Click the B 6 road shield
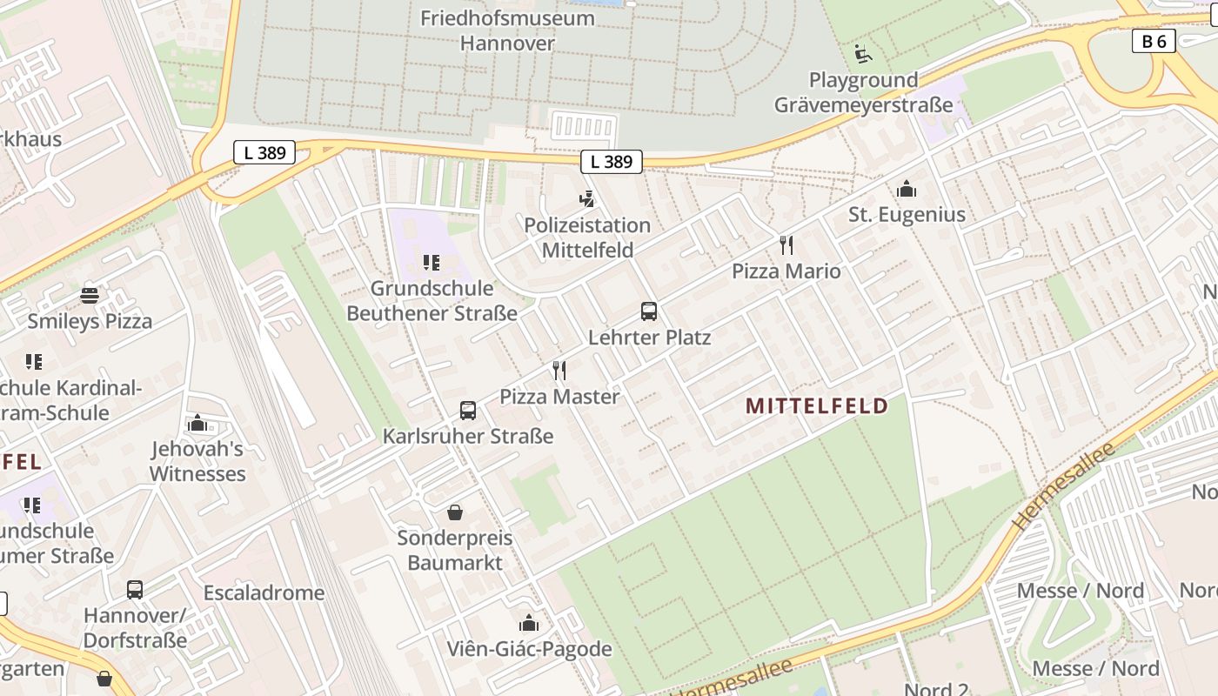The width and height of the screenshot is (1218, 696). tap(1154, 41)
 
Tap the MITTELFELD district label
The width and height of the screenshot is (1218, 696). tap(817, 405)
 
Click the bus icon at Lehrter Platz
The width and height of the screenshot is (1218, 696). tap(648, 311)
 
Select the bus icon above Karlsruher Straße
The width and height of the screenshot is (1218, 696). tap(468, 411)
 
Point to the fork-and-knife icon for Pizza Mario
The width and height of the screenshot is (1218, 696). tap(786, 245)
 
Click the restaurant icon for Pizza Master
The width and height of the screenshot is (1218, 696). tap(559, 371)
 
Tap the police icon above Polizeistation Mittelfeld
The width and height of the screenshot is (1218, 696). tap(587, 199)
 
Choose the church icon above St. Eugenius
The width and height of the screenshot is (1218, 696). tap(907, 189)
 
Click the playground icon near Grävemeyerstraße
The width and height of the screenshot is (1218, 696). tap(861, 54)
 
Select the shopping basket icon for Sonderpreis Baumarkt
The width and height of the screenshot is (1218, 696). tap(455, 512)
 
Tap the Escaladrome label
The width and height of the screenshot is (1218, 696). tap(264, 593)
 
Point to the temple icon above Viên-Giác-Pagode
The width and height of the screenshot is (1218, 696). tap(529, 623)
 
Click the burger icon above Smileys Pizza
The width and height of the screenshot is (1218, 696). tap(89, 296)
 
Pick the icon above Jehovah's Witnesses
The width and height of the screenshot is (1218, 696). tap(197, 424)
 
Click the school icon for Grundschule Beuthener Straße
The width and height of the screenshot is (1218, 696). tap(431, 262)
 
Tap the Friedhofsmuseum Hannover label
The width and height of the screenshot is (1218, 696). tap(507, 30)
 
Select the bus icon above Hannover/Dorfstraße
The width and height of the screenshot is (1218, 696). tap(135, 590)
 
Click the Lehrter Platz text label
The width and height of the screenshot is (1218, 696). tap(649, 338)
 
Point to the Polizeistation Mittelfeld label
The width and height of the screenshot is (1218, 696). tap(587, 238)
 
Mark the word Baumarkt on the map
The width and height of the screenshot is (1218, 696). tap(455, 563)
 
